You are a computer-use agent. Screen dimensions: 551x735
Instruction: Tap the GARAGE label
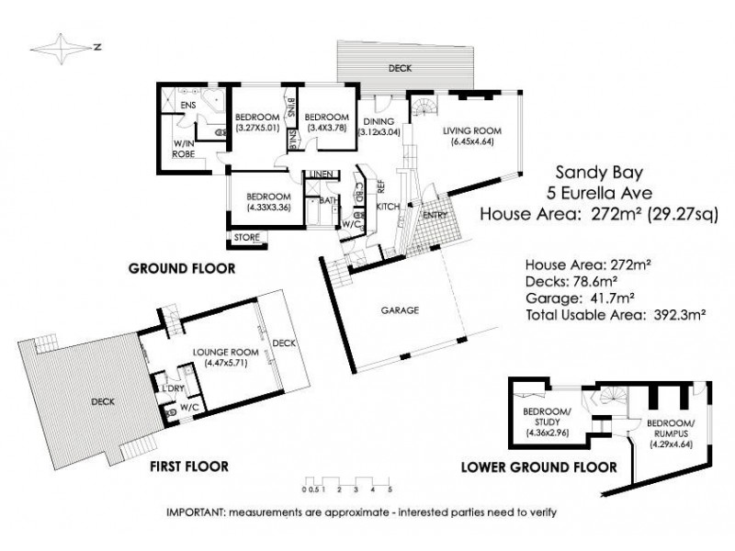point(401,310)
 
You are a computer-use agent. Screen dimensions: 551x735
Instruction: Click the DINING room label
point(378,121)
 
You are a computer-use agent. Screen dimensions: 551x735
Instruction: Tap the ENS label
point(187,106)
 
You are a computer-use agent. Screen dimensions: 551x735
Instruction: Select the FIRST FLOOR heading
point(190,467)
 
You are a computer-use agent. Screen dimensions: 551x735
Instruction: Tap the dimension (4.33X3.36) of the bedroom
point(269,207)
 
